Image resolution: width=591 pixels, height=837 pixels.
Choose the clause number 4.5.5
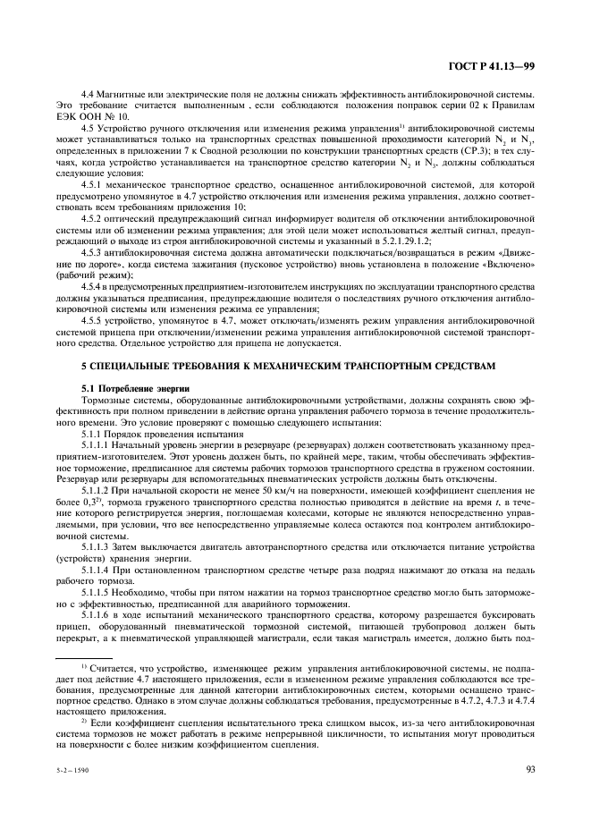94,318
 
